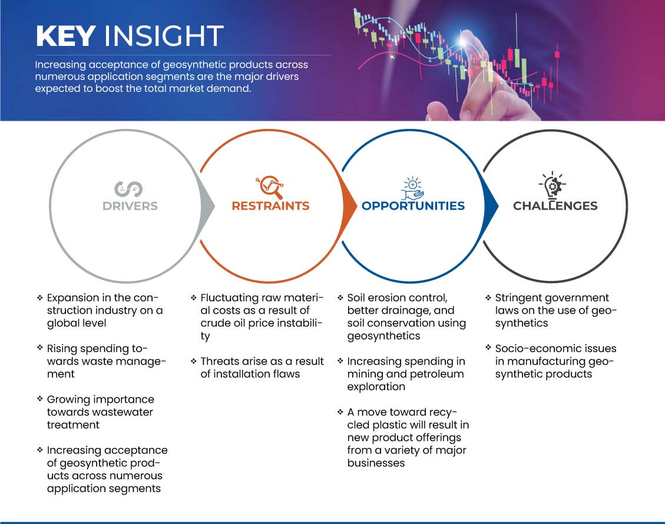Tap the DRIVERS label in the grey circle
pyautogui.click(x=130, y=206)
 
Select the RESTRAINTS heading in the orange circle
pyautogui.click(x=270, y=206)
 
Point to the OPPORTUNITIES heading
pyautogui.click(x=413, y=206)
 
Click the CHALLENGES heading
pyautogui.click(x=555, y=206)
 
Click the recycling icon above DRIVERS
pyautogui.click(x=128, y=189)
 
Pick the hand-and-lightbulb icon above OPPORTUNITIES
pyautogui.click(x=413, y=188)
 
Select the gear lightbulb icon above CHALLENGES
pyautogui.click(x=552, y=185)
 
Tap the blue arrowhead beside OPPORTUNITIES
pyautogui.click(x=491, y=206)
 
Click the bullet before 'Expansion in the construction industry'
pyautogui.click(x=40, y=297)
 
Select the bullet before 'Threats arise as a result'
pyautogui.click(x=193, y=361)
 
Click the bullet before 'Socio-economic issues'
pyautogui.click(x=488, y=348)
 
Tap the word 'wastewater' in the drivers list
pyautogui.click(x=127, y=412)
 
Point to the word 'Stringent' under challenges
pyautogui.click(x=519, y=298)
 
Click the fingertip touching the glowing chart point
pyautogui.click(x=467, y=39)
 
